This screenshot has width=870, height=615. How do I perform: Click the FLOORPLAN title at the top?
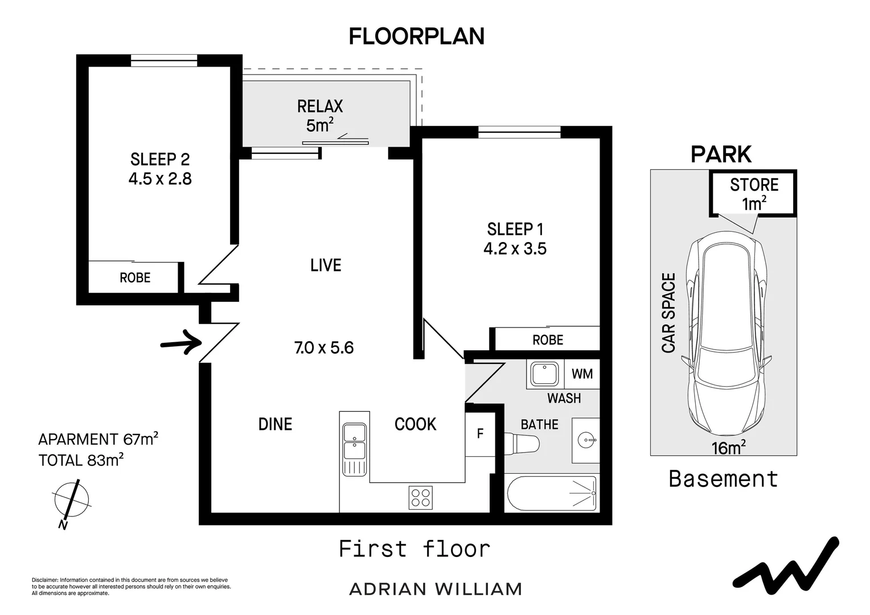[x=417, y=36]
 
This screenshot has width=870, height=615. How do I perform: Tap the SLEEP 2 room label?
[x=160, y=159]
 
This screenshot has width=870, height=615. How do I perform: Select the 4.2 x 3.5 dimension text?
[x=515, y=249]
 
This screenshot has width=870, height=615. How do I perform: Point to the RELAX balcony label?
[x=320, y=106]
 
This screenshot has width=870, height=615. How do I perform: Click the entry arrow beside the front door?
[x=182, y=342]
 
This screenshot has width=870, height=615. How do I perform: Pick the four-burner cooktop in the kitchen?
[x=421, y=498]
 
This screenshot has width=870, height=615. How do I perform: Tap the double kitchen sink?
[x=354, y=449]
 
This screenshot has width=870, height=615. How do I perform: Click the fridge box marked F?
[x=480, y=434]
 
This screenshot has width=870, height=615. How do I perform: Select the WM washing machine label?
[x=582, y=374]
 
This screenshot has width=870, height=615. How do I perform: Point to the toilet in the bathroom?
[x=522, y=443]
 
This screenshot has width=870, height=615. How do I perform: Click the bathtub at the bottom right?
[x=552, y=493]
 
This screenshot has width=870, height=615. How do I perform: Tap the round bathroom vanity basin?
[x=586, y=440]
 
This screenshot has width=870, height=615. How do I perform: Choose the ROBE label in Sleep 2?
[x=135, y=278]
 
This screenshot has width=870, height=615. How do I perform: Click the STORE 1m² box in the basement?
[x=753, y=193]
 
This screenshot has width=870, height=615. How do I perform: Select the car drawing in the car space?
[x=726, y=334]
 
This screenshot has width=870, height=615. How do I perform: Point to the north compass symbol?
[x=72, y=502]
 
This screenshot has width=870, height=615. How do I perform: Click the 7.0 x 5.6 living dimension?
[x=324, y=348]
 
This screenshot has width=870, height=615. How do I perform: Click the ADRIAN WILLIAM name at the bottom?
[x=436, y=589]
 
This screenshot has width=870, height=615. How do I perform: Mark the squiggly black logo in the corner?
[x=785, y=567]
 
